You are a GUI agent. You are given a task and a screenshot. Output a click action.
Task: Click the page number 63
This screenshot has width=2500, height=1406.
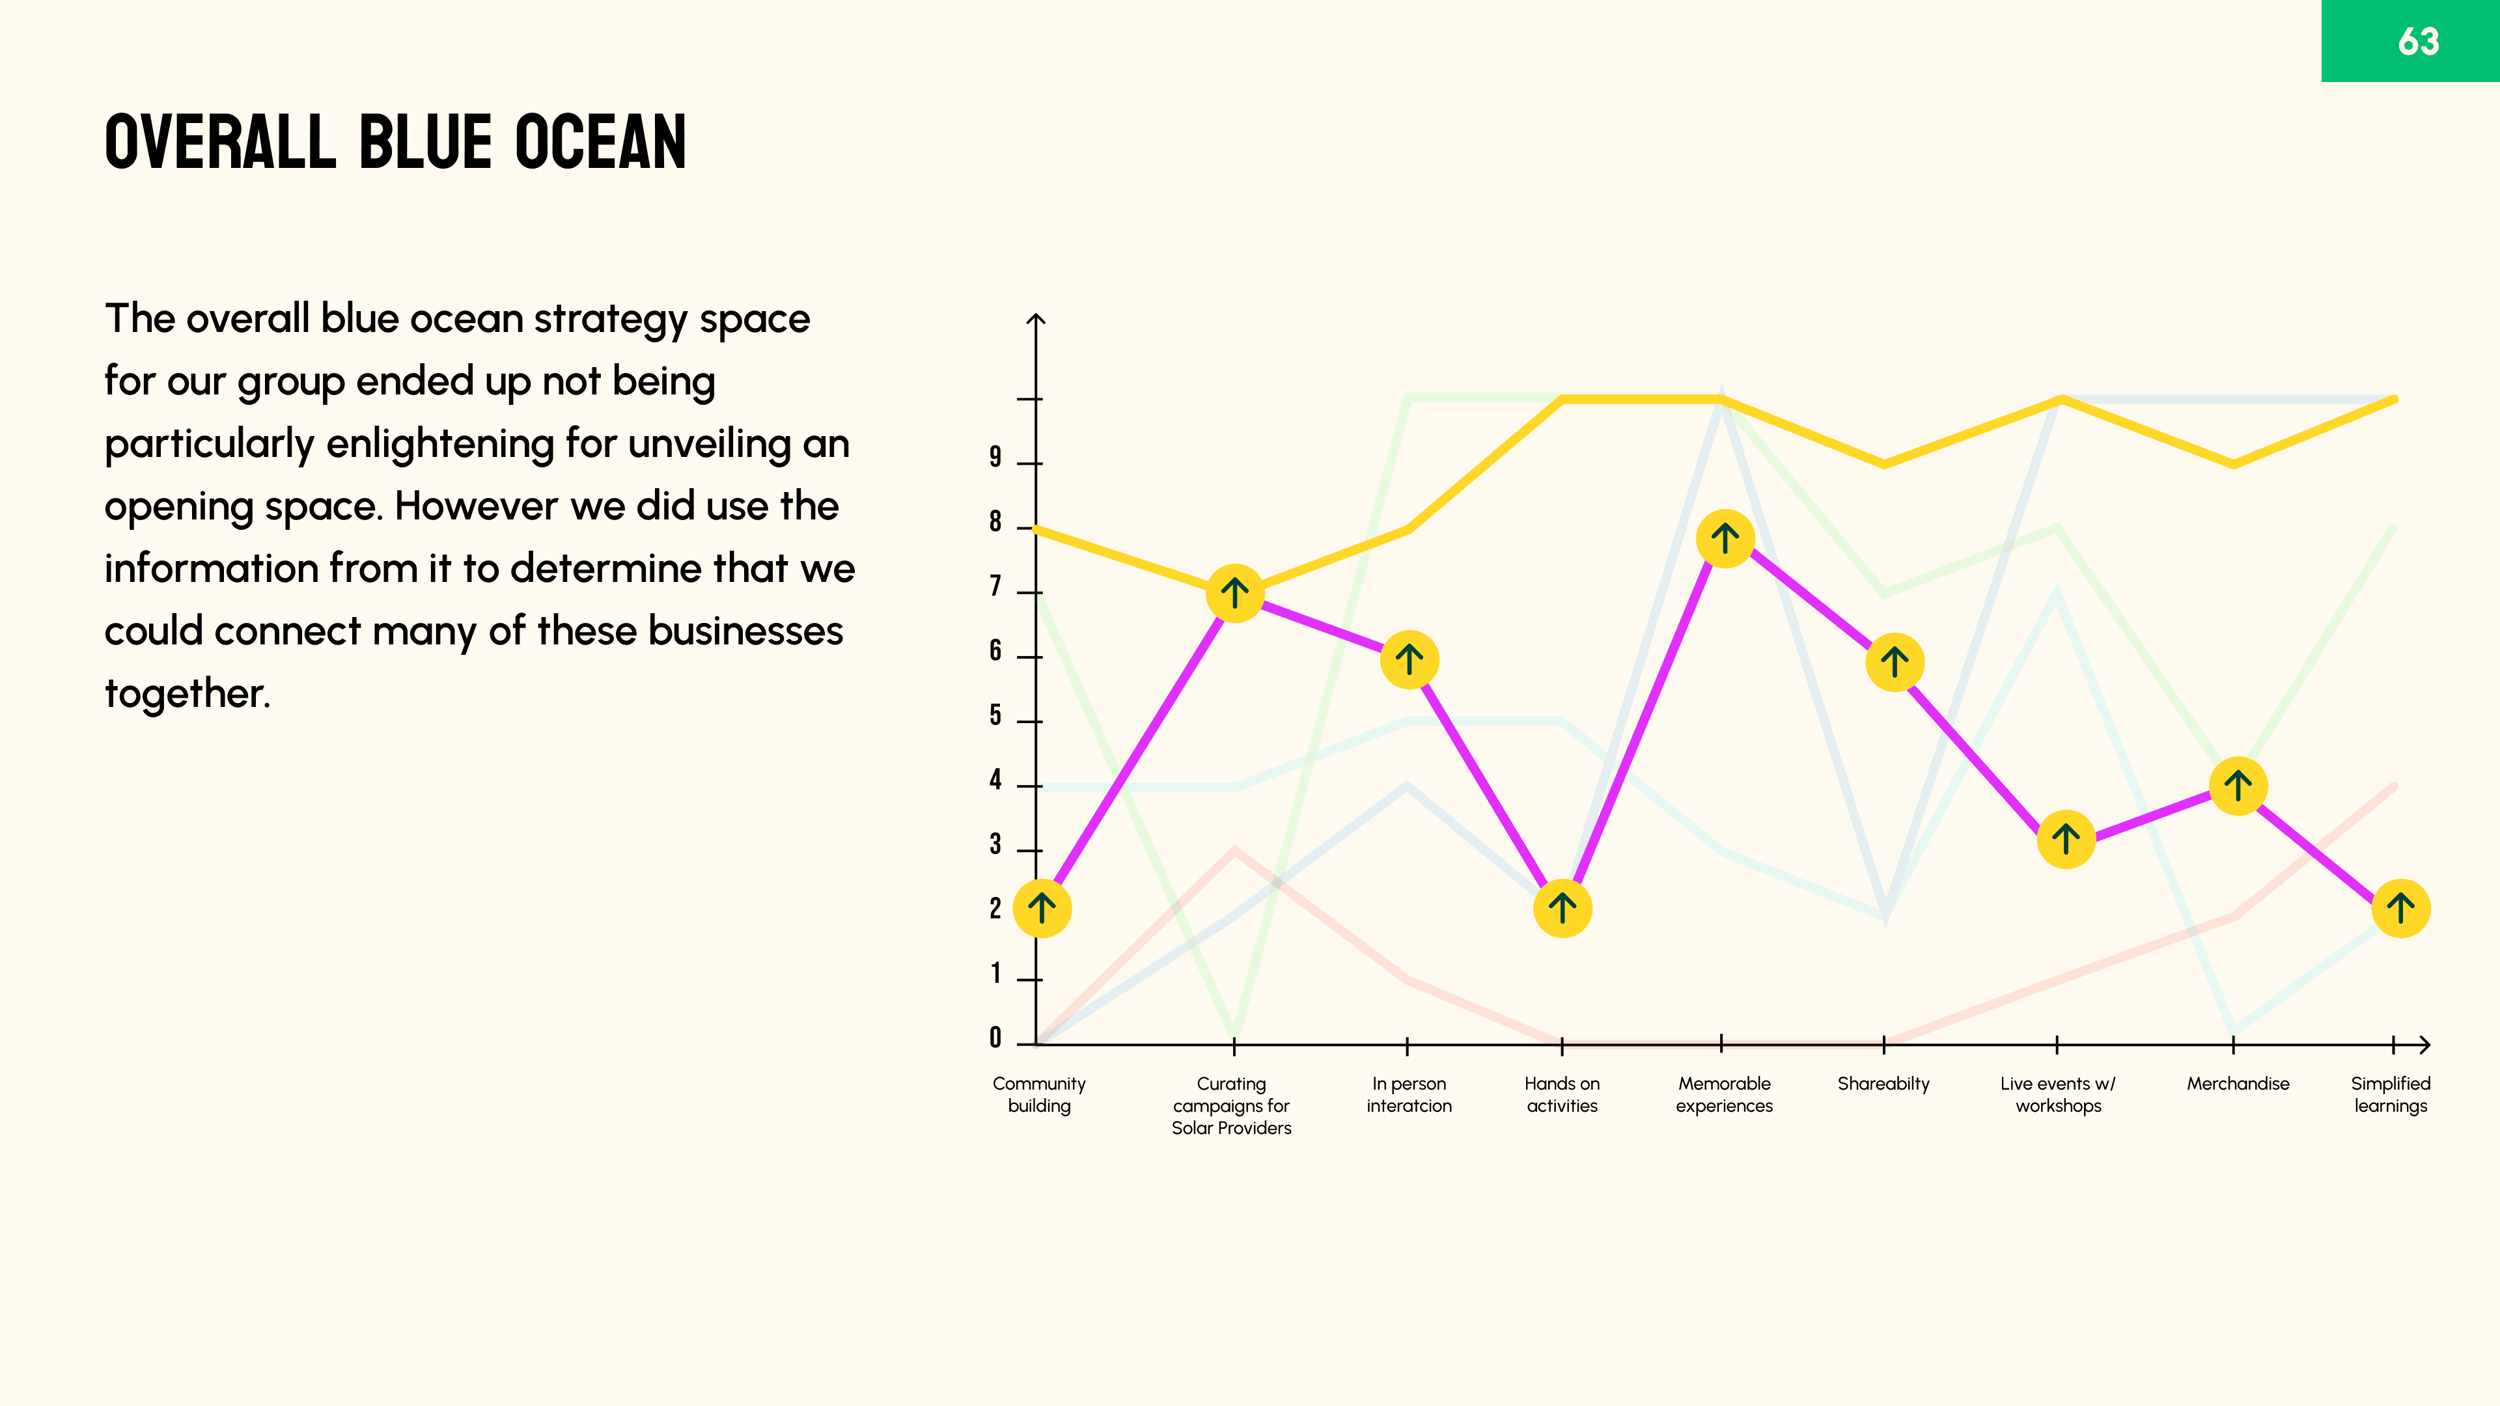[x=2417, y=42]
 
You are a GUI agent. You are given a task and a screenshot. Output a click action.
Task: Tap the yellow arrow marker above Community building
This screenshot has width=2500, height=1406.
[x=1042, y=908]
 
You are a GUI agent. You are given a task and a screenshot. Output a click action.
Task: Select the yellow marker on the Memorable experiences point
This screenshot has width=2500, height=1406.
[x=1725, y=538]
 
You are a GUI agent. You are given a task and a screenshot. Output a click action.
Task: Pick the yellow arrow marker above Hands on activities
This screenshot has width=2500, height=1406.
[x=1562, y=908]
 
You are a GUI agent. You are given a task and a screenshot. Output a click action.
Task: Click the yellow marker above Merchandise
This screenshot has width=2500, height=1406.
[x=2238, y=786]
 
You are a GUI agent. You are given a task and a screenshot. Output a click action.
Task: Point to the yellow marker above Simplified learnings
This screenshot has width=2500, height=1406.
[x=2401, y=908]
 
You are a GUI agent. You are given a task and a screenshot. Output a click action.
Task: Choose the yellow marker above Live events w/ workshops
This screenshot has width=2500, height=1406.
[x=2065, y=838]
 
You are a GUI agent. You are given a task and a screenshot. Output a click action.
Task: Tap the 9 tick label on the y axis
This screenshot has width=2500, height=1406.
[x=995, y=457]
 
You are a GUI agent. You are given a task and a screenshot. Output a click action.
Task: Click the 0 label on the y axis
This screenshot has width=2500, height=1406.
[x=995, y=1038]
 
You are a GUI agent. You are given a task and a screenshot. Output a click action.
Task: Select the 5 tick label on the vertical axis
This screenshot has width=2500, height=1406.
[x=995, y=716]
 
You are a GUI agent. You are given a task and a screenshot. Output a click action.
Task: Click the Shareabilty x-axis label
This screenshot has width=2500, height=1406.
[x=1883, y=1084]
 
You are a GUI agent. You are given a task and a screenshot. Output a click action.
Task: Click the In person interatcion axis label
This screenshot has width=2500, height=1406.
[x=1408, y=1094]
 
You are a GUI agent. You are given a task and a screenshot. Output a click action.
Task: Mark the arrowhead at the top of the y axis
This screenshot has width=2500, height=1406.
[x=1036, y=319]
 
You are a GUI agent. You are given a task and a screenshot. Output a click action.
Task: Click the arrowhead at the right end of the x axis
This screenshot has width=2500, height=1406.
[x=2424, y=1045]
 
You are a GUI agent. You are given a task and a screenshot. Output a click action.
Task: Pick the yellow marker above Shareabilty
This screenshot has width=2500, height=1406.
[x=1895, y=663]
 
